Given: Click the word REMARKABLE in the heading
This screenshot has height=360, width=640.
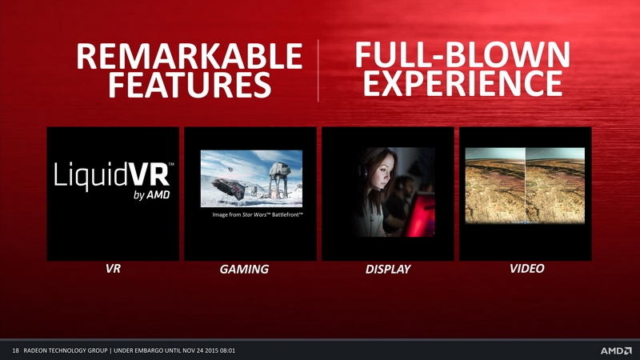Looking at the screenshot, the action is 190,56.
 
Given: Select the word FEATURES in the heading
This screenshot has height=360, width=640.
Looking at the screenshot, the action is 190,85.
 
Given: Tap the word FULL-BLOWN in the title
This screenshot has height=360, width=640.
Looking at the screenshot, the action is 462,54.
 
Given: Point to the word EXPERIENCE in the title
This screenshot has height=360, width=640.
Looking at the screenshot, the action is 463,83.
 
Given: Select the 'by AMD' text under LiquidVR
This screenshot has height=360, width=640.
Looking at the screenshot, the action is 151,195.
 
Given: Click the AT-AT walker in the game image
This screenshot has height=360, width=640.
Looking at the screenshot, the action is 278,178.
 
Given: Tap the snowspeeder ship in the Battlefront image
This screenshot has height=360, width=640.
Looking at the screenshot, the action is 229,189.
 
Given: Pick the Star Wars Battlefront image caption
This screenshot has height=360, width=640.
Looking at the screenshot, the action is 258,214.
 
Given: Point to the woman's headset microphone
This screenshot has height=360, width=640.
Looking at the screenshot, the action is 382,190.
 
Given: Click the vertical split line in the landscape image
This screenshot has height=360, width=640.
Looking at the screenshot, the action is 526,186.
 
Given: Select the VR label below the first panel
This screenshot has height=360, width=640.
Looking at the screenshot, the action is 113,269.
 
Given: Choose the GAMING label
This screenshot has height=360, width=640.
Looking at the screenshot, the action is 244,270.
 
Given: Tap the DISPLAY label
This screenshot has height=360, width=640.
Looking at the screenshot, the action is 388,270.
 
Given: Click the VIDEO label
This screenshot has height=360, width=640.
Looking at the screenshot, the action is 526,269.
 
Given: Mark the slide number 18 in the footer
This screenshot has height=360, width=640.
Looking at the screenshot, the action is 15,350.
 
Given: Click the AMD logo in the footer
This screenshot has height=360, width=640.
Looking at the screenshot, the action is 616,350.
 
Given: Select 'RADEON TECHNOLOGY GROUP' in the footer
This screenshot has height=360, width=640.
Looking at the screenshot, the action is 66,350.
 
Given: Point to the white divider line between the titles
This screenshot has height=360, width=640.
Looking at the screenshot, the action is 318,70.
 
